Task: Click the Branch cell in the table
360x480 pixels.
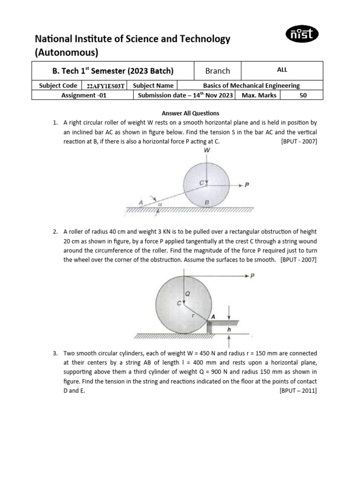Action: tap(217, 71)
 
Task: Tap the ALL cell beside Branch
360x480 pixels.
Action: tap(282, 70)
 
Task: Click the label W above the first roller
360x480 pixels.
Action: tap(207, 151)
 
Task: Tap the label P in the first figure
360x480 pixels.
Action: tap(247, 185)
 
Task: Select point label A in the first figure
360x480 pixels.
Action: tap(140, 202)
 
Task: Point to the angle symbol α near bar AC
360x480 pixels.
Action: tap(160, 204)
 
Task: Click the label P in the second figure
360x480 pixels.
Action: tap(253, 276)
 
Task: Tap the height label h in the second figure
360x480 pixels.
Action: tap(229, 329)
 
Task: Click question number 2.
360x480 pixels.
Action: tap(56, 232)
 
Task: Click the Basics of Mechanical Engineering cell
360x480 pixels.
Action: tap(251, 86)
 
